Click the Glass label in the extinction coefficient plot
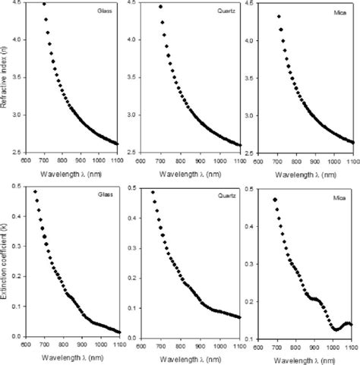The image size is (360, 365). click(x=104, y=194)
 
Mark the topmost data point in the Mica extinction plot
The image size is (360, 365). click(x=274, y=200)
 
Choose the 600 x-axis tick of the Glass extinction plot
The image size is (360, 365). click(x=25, y=343)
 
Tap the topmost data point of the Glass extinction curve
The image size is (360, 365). click(x=35, y=191)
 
